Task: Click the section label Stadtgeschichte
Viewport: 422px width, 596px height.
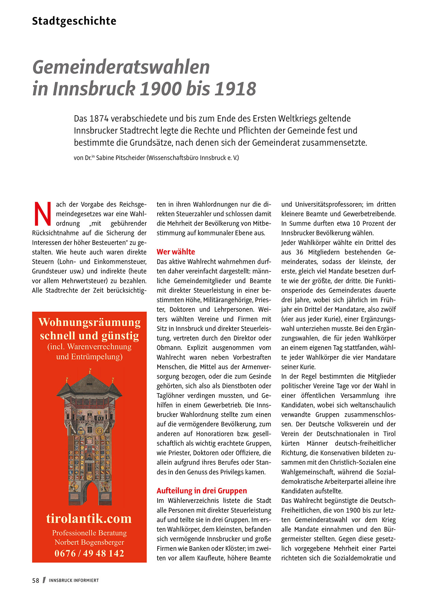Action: pyautogui.click(x=74, y=21)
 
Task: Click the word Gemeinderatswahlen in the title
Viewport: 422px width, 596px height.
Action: pyautogui.click(x=121, y=67)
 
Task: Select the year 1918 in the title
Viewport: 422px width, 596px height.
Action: pyautogui.click(x=235, y=89)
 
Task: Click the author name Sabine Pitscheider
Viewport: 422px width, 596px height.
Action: pyautogui.click(x=120, y=158)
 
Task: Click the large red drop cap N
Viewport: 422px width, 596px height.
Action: pyautogui.click(x=43, y=214)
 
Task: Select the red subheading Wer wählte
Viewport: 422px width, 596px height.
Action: pyautogui.click(x=176, y=252)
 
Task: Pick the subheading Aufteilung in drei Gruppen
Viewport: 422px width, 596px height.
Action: pyautogui.click(x=201, y=491)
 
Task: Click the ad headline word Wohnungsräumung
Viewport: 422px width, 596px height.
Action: pyautogui.click(x=89, y=322)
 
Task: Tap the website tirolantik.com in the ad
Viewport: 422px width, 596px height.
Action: pyautogui.click(x=89, y=519)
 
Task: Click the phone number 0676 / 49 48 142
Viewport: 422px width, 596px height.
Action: pyautogui.click(x=89, y=553)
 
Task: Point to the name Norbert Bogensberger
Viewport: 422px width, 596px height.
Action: pyautogui.click(x=89, y=542)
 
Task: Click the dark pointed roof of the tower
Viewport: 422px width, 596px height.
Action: pyautogui.click(x=89, y=384)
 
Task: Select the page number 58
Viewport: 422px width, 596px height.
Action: pyautogui.click(x=36, y=580)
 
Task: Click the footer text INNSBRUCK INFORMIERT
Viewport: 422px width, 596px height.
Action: pyautogui.click(x=74, y=580)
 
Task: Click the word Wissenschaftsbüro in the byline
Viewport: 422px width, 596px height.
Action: pyautogui.click(x=174, y=158)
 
